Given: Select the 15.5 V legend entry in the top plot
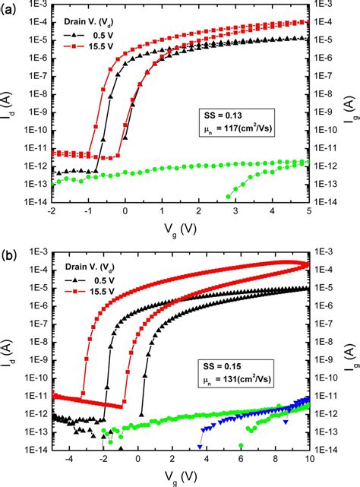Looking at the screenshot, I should tap(86, 46).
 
